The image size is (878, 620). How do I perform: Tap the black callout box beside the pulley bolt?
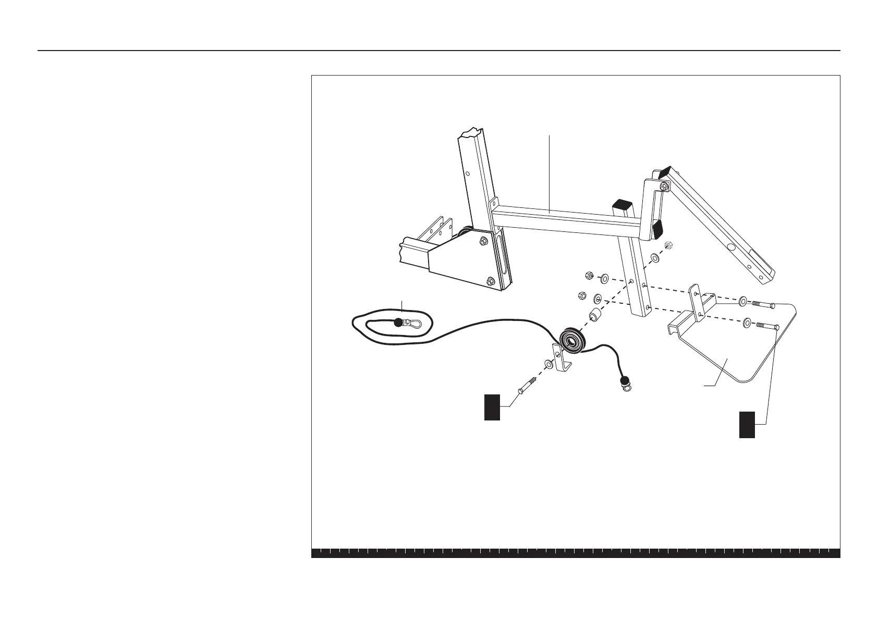tap(492, 407)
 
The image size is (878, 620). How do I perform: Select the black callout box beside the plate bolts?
tap(747, 424)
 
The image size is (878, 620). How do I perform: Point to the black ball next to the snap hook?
tap(399, 322)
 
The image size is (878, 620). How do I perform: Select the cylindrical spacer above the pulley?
tap(595, 316)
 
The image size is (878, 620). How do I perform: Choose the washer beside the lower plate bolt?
tap(748, 323)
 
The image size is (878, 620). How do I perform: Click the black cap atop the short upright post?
tap(622, 204)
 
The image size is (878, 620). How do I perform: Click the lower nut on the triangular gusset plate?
tap(490, 281)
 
